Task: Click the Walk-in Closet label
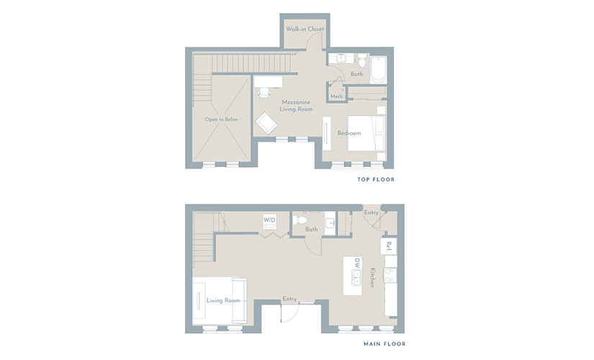305,29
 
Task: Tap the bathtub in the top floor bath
379,70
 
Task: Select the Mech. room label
336,96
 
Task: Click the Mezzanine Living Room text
296,106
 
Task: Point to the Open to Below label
221,119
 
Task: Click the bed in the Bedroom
366,133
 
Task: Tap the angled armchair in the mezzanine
266,123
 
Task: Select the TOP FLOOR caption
376,179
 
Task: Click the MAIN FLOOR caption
384,343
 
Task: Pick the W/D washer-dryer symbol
269,221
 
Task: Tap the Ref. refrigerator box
389,246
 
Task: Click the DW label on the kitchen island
356,263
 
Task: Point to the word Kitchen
373,277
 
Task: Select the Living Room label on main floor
223,300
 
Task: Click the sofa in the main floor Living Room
239,301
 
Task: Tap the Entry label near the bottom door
290,299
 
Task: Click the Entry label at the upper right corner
372,212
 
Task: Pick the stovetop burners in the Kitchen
390,276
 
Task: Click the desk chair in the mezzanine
264,92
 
